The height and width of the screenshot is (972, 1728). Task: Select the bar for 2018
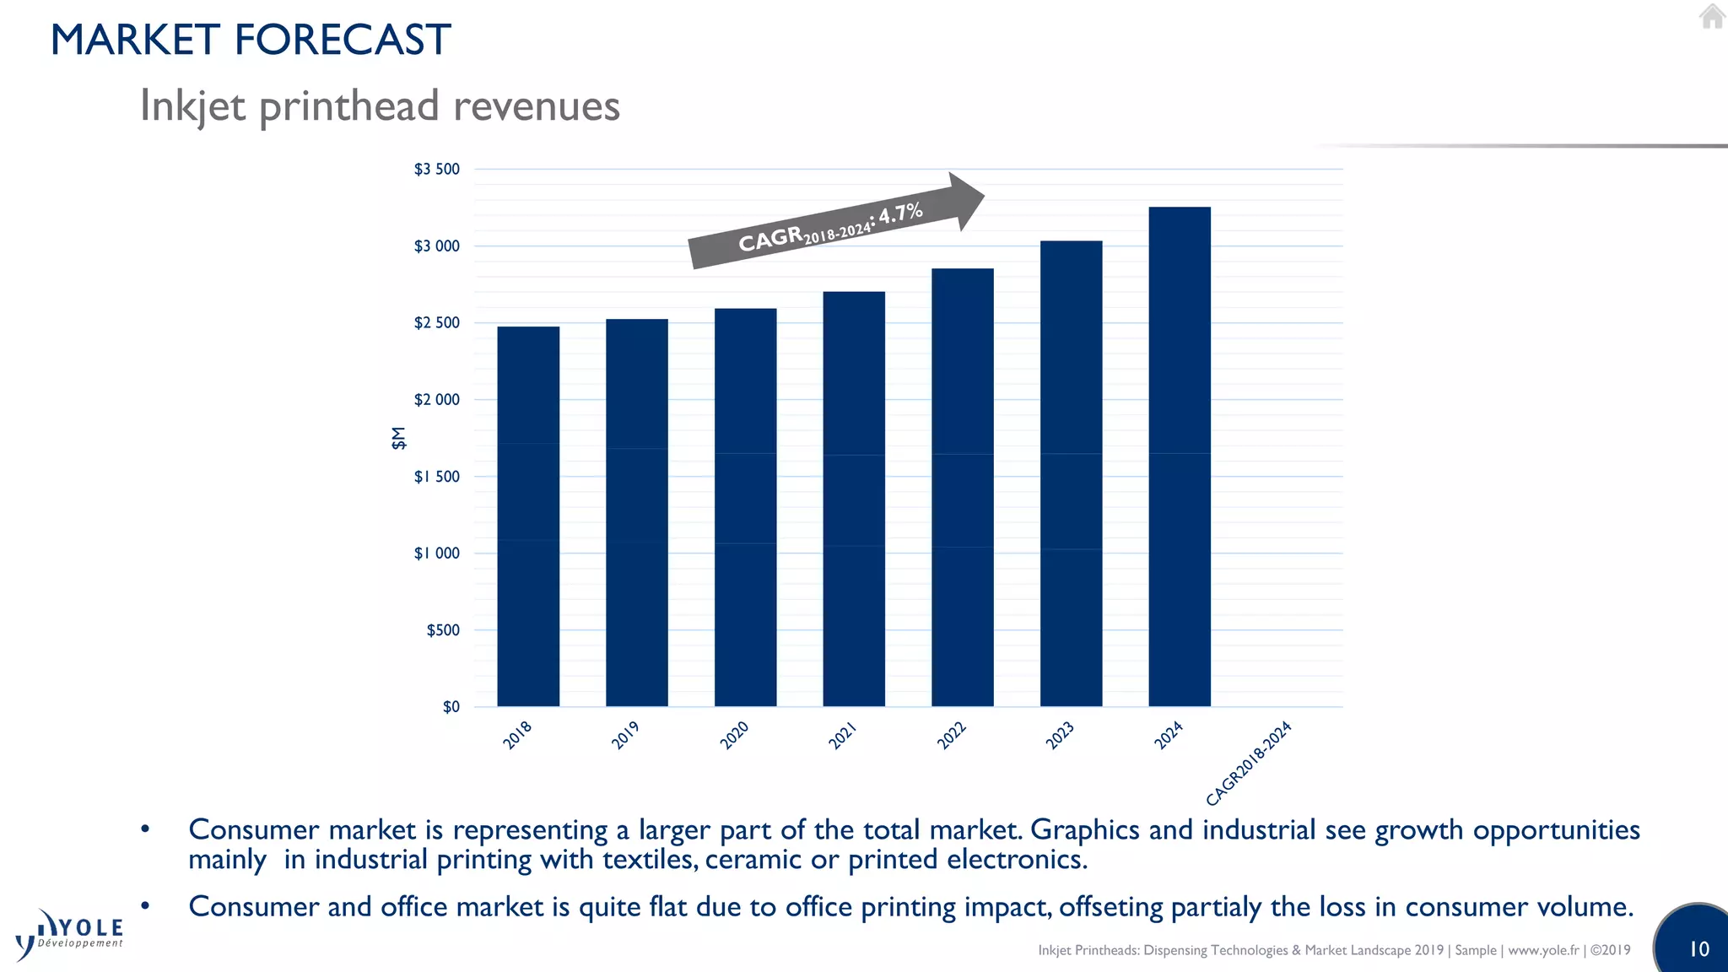coord(528,516)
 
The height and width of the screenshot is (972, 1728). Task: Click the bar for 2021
coord(854,499)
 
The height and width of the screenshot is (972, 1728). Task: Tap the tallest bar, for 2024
coord(1180,456)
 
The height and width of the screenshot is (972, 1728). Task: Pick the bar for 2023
coord(1071,473)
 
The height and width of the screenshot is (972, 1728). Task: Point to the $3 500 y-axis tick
coord(436,169)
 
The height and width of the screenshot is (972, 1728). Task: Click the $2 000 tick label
coord(436,399)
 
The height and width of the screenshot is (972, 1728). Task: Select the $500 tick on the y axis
coord(443,630)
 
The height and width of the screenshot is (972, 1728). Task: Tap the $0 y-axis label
coord(451,707)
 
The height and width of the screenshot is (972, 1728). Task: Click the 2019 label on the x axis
coord(625,735)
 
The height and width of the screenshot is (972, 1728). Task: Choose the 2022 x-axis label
coord(951,735)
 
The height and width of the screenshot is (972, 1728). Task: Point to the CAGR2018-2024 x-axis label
coord(1248,764)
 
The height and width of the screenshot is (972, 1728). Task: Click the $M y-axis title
coord(398,438)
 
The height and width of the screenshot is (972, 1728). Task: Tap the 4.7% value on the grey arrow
coord(900,212)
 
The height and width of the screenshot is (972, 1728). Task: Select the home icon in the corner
coord(1712,16)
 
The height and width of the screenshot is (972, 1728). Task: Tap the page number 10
coord(1698,949)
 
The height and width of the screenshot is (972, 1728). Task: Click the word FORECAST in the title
coord(342,40)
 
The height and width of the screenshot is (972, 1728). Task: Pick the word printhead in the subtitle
coord(349,106)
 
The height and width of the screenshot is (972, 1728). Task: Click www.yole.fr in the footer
coord(1543,950)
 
